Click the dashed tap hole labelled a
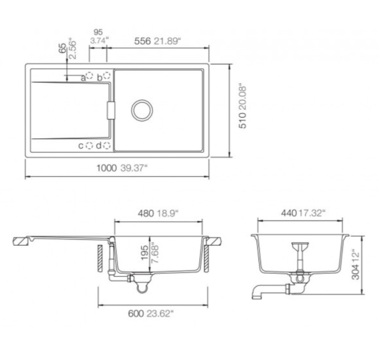[x=89, y=76]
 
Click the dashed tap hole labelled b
[x=107, y=76]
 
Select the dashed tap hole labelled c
[x=89, y=145]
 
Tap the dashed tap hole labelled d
[x=107, y=145]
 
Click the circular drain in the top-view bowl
[x=142, y=110]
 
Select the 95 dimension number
[x=98, y=32]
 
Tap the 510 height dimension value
[x=243, y=121]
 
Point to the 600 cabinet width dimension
[x=136, y=313]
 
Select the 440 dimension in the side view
[x=289, y=213]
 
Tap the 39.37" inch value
[x=134, y=168]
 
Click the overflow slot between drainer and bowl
[x=111, y=110]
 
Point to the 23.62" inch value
[x=161, y=313]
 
